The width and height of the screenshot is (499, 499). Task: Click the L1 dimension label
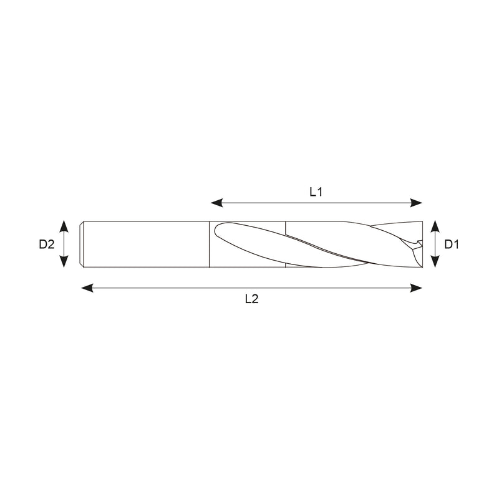[316, 192]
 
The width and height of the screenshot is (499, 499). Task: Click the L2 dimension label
[251, 299]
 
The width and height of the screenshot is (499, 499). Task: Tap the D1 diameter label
[452, 245]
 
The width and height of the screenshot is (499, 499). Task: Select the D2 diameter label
[47, 245]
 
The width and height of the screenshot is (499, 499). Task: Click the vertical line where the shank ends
[209, 245]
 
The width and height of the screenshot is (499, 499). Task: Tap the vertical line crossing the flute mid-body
[286, 245]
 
